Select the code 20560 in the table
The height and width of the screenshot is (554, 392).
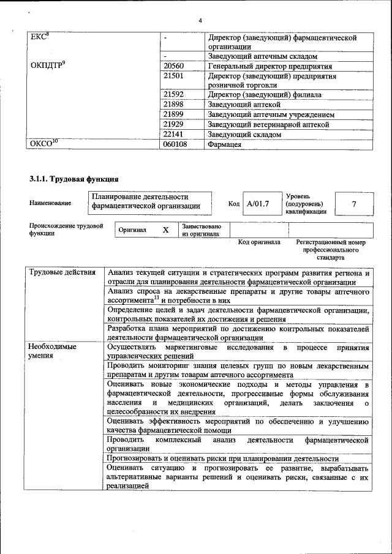(174, 66)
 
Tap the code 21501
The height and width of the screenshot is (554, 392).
(174, 77)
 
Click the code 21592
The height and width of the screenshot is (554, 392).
(174, 95)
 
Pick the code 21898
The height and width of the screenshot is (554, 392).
(174, 105)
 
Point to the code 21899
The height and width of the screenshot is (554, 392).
(174, 114)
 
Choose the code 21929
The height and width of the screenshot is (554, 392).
(174, 124)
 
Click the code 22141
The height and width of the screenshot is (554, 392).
(174, 134)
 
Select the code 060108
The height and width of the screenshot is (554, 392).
(176, 144)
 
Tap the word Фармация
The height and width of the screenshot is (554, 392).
(225, 144)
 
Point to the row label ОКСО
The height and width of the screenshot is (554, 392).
(43, 144)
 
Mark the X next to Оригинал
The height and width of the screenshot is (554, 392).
(165, 230)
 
